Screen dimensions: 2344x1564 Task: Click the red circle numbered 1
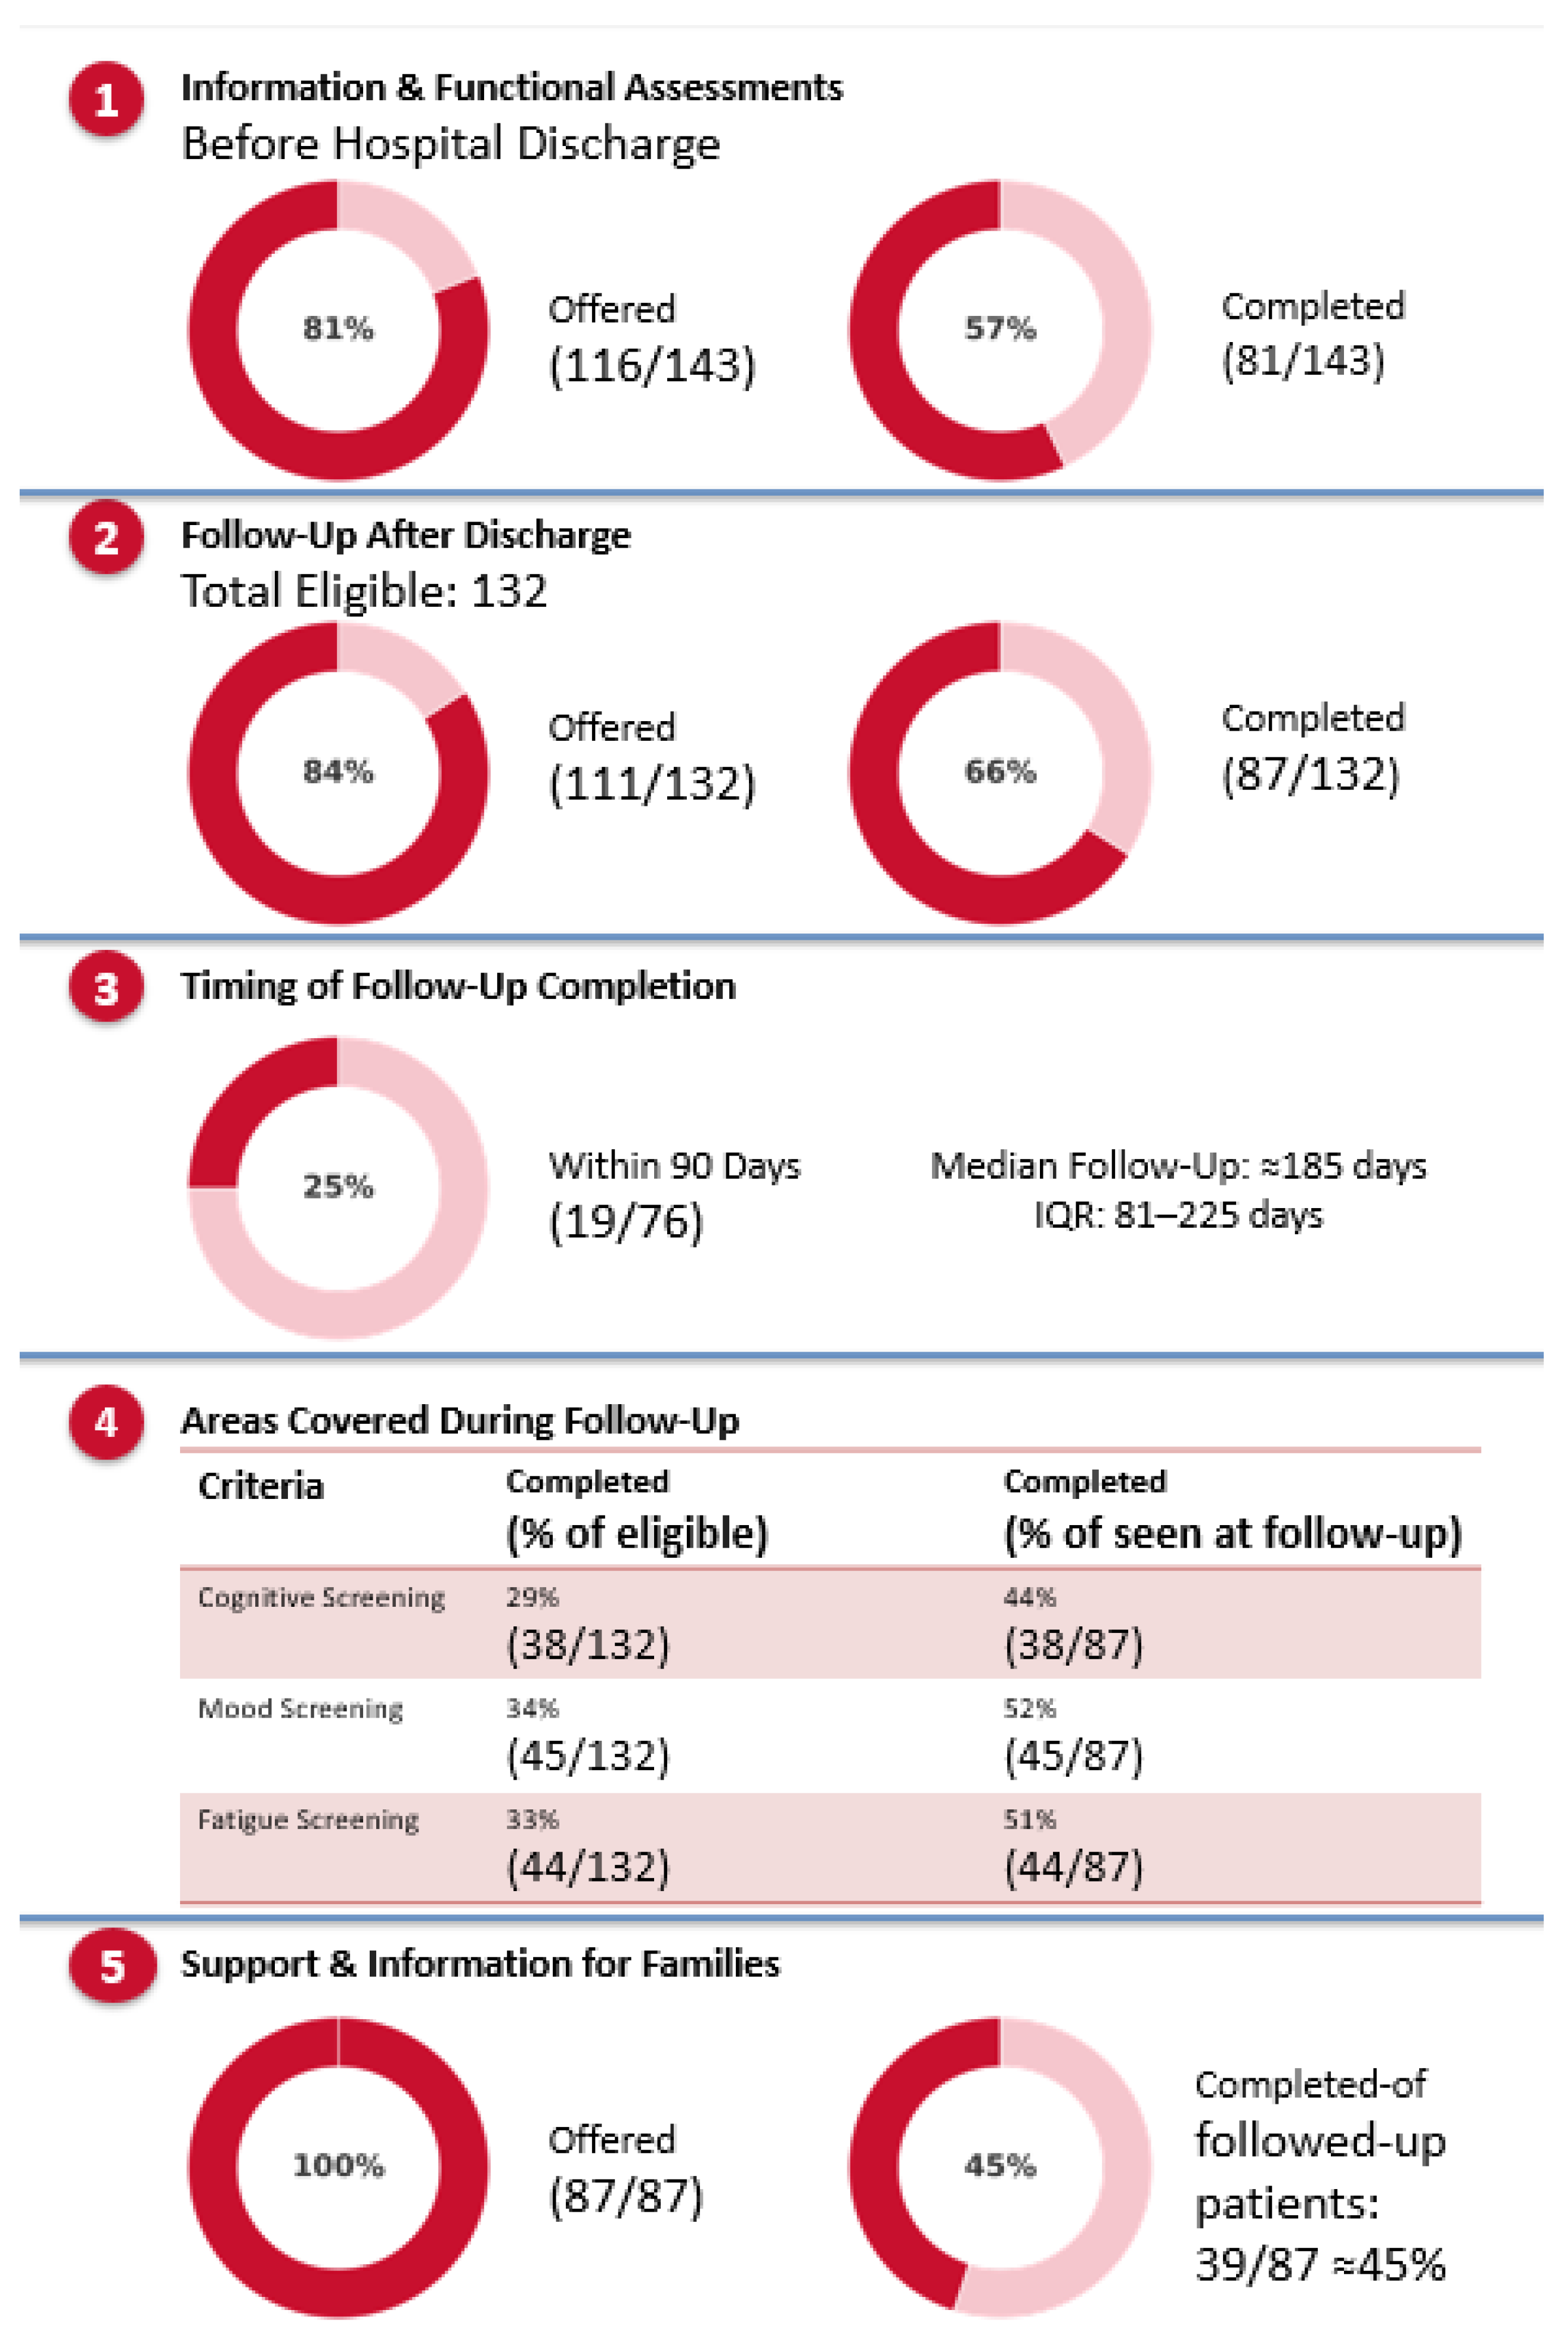tap(106, 100)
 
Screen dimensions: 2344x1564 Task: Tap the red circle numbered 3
tap(106, 988)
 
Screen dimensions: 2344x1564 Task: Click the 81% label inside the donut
tap(338, 328)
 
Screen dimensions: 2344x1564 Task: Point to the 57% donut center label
tap(999, 328)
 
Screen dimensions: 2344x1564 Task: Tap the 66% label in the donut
tap(999, 771)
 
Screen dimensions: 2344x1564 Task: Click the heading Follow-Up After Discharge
tap(405, 535)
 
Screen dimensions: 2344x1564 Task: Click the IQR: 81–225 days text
tap(1178, 1215)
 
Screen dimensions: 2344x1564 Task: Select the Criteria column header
tap(261, 1486)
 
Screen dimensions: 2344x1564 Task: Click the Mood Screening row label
tap(301, 1708)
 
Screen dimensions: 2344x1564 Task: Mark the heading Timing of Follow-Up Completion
tap(458, 986)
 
